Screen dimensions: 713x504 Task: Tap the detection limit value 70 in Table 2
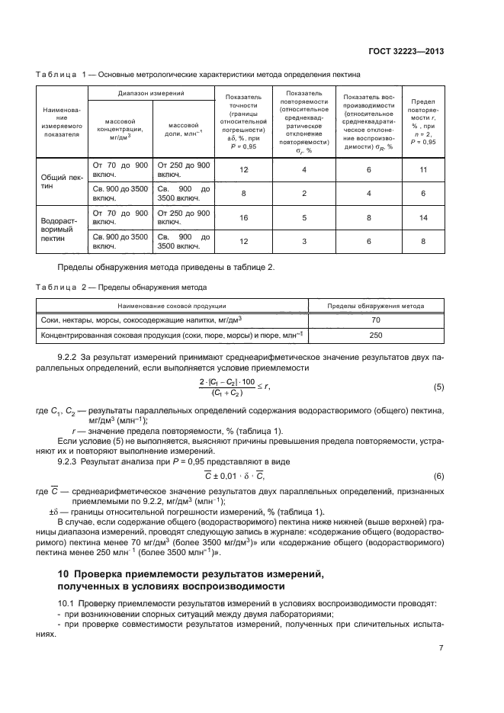(x=375, y=320)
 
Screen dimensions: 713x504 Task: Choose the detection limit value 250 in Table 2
(x=375, y=335)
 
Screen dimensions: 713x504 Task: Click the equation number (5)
(x=438, y=387)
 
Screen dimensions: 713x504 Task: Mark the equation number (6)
(x=438, y=477)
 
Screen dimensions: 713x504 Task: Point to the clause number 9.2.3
(x=70, y=461)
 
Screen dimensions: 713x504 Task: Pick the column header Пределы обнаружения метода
(x=375, y=306)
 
